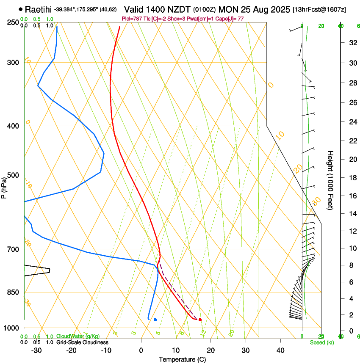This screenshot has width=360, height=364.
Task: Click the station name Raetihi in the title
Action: [x=39, y=9]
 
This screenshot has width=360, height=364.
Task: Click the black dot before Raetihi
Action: [x=20, y=9]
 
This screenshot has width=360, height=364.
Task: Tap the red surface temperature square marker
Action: [x=200, y=320]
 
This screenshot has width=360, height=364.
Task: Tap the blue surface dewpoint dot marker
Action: [x=155, y=320]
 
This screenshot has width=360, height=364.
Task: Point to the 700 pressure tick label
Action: [x=13, y=249]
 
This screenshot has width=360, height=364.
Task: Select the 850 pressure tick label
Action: [x=13, y=292]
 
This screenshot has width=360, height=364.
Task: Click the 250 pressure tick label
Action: [x=13, y=22]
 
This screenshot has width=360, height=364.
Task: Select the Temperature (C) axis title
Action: [x=182, y=359]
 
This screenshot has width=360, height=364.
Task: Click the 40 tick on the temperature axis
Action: [x=280, y=350]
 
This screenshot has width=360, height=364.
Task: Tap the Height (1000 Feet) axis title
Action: [x=330, y=180]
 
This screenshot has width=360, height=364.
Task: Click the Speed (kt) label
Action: [x=319, y=342]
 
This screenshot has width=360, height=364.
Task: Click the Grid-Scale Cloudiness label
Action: [x=82, y=342]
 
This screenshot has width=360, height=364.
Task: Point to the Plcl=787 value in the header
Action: [x=132, y=19]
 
